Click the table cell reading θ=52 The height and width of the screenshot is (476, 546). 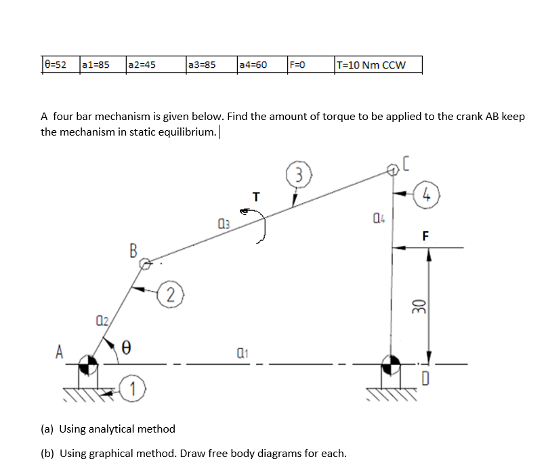click(x=58, y=65)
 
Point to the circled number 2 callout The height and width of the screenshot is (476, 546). click(x=172, y=294)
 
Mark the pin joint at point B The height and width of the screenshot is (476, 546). click(x=148, y=261)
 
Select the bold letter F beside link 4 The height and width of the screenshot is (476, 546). click(x=425, y=236)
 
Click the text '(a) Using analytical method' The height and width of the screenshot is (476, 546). click(x=108, y=429)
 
